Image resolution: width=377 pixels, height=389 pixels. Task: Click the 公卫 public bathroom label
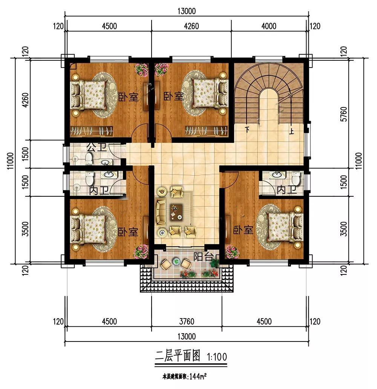coord(97,148)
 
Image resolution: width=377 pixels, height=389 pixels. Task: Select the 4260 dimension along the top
coord(192,26)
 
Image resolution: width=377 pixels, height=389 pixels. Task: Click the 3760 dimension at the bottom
coord(187,322)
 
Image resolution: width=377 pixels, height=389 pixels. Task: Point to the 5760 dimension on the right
coord(343,114)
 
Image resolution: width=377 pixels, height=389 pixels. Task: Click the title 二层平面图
coord(177,356)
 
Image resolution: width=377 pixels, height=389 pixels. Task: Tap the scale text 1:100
coord(217,357)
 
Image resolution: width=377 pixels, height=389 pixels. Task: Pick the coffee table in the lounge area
coord(176,212)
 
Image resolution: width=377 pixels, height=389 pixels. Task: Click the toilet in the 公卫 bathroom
coord(89,159)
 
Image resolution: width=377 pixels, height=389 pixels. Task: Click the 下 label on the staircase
coord(247,129)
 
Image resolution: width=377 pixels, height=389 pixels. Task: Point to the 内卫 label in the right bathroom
coord(287,190)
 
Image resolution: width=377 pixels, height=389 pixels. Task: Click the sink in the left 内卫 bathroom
coord(108,175)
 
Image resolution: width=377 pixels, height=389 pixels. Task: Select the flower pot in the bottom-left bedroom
coord(141,251)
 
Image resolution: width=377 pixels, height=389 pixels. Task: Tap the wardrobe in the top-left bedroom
coord(92,131)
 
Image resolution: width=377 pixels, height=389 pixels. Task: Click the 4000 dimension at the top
coord(269,26)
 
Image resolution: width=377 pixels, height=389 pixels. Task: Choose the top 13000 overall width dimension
coord(187,11)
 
